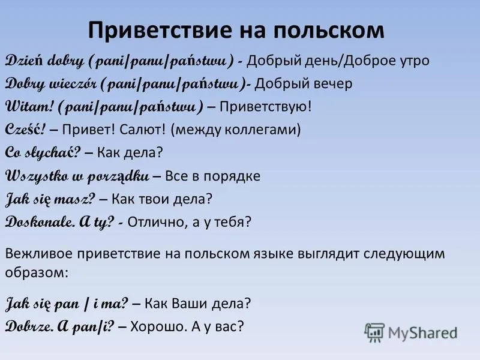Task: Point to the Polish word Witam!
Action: [29, 107]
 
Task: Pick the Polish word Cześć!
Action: [25, 129]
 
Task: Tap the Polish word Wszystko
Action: [37, 176]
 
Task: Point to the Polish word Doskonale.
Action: [40, 221]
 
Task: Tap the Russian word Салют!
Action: [142, 130]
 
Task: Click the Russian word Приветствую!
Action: [265, 107]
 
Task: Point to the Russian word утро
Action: [415, 61]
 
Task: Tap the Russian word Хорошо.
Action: [158, 326]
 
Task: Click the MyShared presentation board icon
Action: [374, 332]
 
